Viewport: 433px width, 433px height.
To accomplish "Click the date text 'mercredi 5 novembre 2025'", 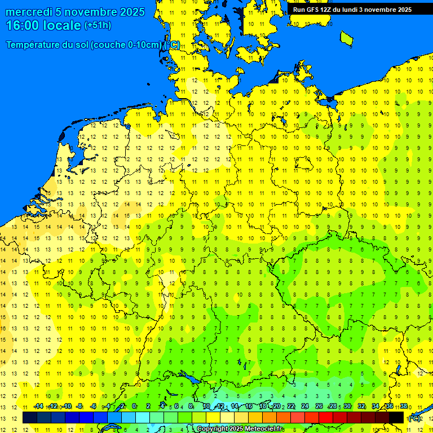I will [75, 12].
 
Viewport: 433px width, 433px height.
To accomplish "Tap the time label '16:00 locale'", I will [43, 25].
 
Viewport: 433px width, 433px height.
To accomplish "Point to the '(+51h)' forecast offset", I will [98, 25].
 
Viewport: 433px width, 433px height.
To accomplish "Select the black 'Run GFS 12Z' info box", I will [352, 10].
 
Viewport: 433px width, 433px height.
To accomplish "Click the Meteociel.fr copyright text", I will [240, 429].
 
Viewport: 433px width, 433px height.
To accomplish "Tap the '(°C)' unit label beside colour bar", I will [414, 418].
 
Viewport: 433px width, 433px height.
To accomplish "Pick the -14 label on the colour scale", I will [38, 406].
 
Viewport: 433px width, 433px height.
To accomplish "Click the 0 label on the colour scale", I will [134, 406].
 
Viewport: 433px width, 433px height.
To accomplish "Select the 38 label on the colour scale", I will [403, 406].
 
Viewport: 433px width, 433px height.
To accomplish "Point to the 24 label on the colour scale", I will [304, 406].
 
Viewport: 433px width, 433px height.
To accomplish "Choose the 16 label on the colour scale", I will [248, 406].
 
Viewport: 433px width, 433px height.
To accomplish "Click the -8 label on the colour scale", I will [79, 406].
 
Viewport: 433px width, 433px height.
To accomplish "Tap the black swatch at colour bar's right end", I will [397, 418].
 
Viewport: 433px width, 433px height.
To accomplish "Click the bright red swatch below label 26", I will [326, 418].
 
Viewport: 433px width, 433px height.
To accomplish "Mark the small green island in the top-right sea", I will [346, 38].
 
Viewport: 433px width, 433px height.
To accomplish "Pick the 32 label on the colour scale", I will [361, 406].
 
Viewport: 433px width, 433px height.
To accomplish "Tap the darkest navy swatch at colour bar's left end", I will [30, 418].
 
